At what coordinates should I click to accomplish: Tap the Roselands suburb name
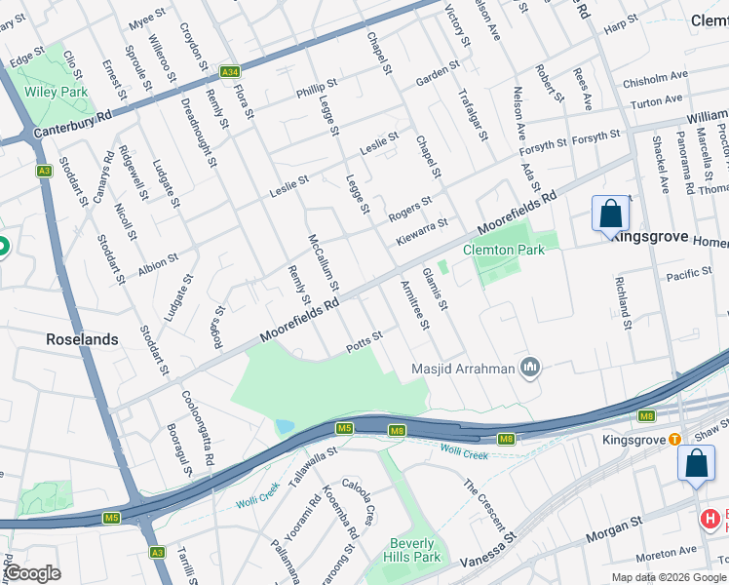[x=83, y=340]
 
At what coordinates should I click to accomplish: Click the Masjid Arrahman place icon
[x=531, y=367]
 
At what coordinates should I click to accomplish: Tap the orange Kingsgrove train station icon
[x=673, y=440]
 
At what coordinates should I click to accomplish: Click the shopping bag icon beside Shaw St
[x=697, y=464]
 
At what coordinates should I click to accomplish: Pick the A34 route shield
[x=230, y=72]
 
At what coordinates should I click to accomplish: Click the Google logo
[x=31, y=573]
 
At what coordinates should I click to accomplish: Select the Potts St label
[x=364, y=342]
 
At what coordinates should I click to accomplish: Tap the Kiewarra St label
[x=421, y=230]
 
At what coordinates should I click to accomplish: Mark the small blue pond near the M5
[x=284, y=426]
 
